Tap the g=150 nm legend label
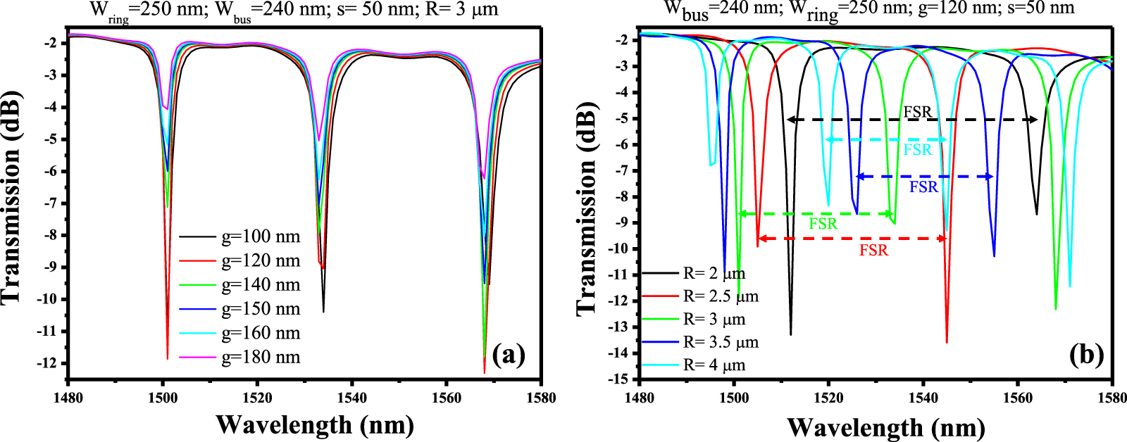coord(261,309)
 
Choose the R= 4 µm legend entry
coord(714,365)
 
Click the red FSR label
coord(873,251)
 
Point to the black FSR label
coord(917,112)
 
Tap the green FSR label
coord(823,225)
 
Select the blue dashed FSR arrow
coord(923,177)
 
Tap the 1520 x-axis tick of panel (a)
coord(257,398)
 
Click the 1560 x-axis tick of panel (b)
coord(1018,397)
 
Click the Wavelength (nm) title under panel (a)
coord(314,425)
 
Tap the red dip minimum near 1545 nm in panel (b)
coord(947,342)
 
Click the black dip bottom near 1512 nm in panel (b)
coord(791,334)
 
